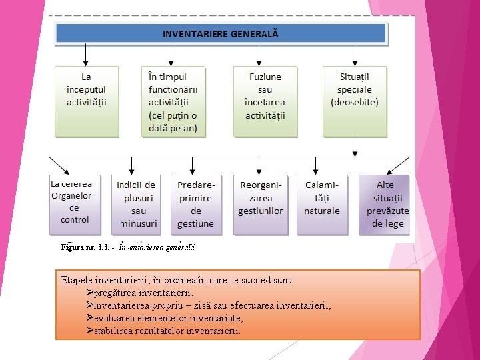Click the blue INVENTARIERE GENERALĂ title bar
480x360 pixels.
[x=221, y=33]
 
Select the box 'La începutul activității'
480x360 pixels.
[x=87, y=101]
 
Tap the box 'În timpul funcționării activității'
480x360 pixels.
[x=173, y=101]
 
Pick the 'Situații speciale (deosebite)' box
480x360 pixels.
[x=355, y=101]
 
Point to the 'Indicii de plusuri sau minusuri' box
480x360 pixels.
[x=136, y=204]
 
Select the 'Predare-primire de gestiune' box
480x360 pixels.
[x=196, y=204]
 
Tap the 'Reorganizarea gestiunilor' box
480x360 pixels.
[x=260, y=204]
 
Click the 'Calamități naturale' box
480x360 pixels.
[x=322, y=204]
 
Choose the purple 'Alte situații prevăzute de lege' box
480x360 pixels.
[x=384, y=204]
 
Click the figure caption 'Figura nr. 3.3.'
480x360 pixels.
[x=85, y=247]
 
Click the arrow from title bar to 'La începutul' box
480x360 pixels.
[x=87, y=55]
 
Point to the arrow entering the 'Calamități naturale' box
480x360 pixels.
[x=316, y=165]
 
